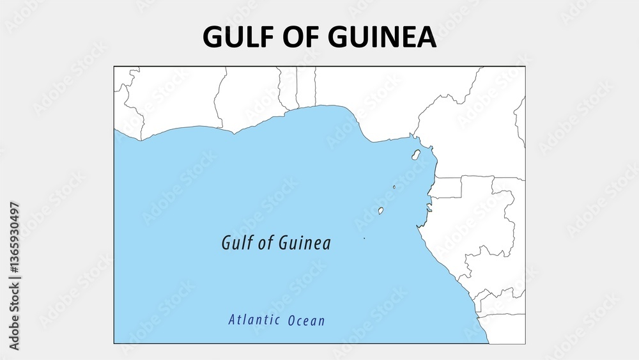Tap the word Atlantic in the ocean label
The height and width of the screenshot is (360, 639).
pyautogui.click(x=254, y=320)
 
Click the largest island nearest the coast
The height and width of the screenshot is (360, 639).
pyautogui.click(x=416, y=155)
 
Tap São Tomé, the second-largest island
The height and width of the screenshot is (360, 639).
pyautogui.click(x=381, y=210)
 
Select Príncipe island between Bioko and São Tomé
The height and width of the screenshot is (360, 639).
pyautogui.click(x=394, y=187)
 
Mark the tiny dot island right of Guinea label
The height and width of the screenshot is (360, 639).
pyautogui.click(x=364, y=239)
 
